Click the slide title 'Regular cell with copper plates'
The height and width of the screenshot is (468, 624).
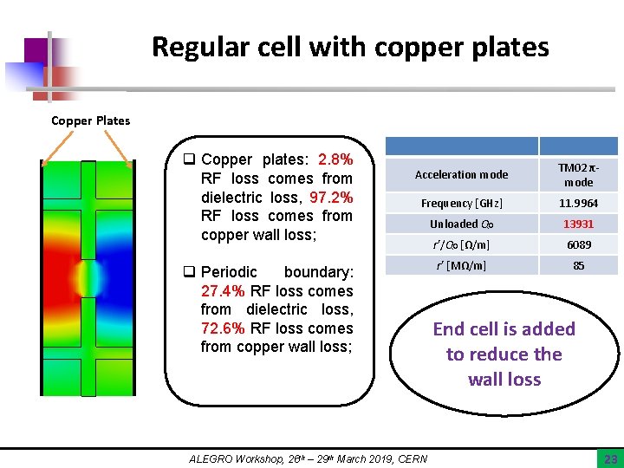(350, 47)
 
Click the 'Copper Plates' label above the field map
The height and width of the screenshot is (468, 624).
(90, 120)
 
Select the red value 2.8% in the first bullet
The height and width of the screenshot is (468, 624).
(335, 159)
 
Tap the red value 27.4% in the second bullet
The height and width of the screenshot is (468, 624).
(224, 291)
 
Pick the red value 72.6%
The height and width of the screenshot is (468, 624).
(224, 328)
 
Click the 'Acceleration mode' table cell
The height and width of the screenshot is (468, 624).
(461, 175)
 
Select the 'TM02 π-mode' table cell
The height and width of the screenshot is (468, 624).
(578, 175)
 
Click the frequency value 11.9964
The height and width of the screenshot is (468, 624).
(578, 204)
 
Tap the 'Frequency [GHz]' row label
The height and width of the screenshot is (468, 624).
(461, 204)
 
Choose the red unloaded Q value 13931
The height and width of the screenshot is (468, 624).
(578, 224)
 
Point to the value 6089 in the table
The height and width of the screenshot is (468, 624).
(578, 245)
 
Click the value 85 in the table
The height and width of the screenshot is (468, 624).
(578, 266)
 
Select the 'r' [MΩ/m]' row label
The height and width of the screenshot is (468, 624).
(461, 266)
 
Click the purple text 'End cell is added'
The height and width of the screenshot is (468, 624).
(504, 329)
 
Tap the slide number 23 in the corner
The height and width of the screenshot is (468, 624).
(609, 458)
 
